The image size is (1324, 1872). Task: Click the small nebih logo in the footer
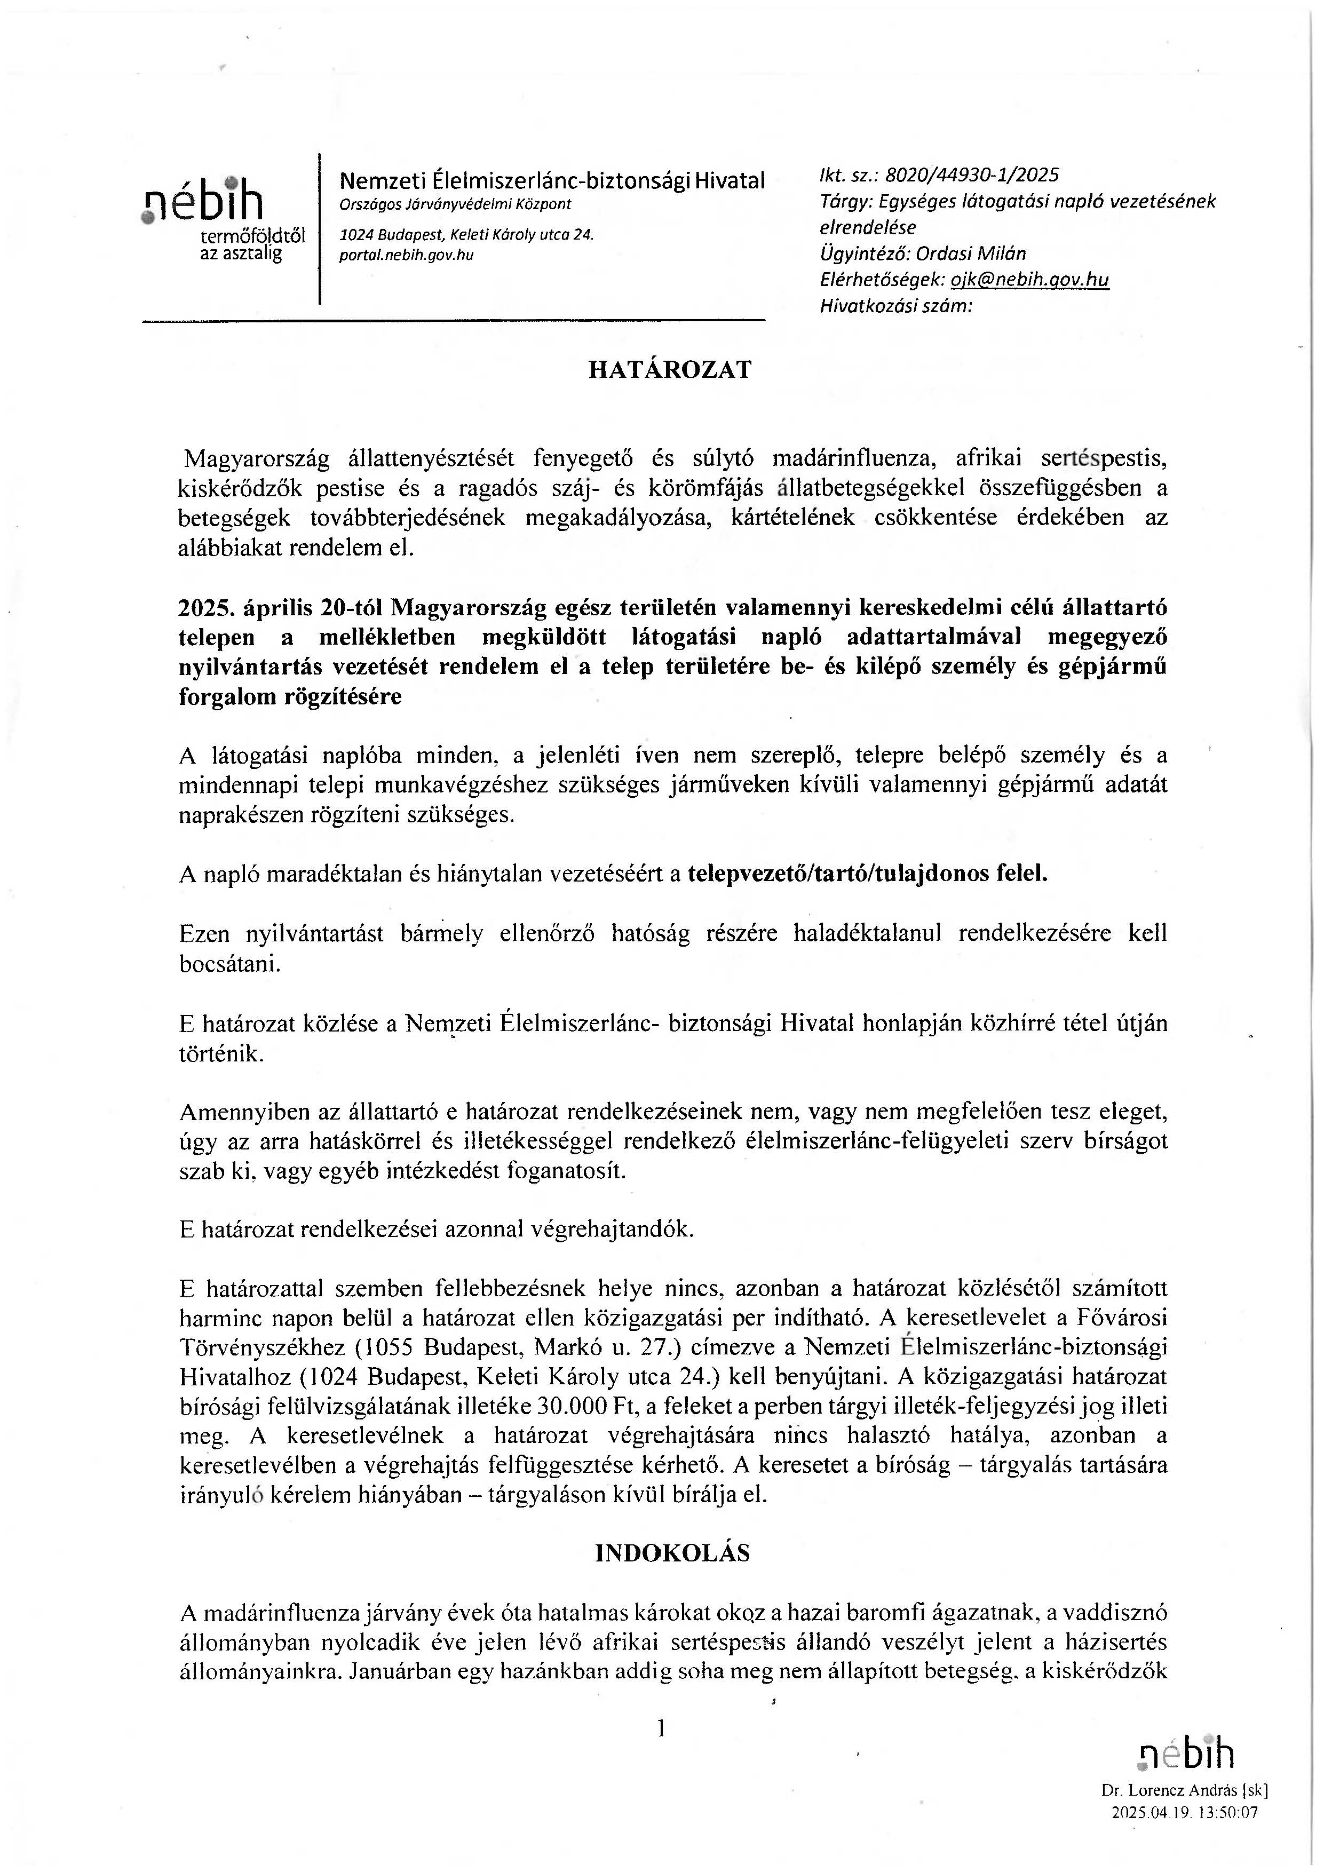click(1186, 1754)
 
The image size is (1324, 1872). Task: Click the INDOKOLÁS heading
click(672, 1553)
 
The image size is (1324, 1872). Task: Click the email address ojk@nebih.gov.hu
click(1029, 280)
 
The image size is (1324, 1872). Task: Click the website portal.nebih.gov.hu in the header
click(406, 255)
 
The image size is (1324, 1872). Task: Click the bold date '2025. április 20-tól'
click(281, 607)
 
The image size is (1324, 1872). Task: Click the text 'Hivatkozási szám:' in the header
click(895, 306)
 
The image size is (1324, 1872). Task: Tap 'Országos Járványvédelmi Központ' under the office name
click(455, 204)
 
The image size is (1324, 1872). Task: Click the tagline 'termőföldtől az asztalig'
click(253, 244)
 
